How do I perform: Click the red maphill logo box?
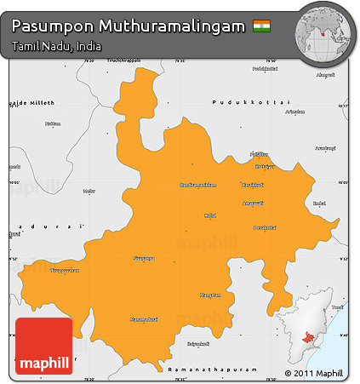43,347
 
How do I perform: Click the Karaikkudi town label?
253,184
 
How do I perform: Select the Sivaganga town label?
145,258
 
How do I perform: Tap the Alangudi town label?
325,75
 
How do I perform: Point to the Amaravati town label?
253,203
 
